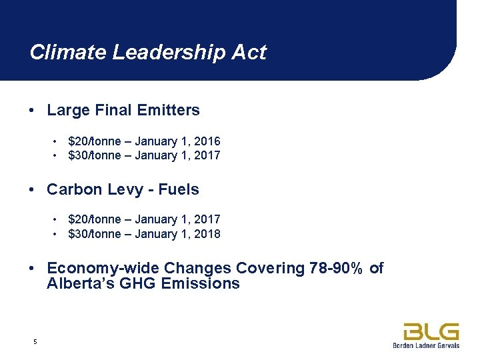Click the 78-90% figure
point(337,268)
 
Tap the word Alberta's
point(77,283)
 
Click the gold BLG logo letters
point(431,331)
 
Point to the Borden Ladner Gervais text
point(427,345)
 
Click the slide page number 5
point(35,342)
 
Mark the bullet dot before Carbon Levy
point(32,189)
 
